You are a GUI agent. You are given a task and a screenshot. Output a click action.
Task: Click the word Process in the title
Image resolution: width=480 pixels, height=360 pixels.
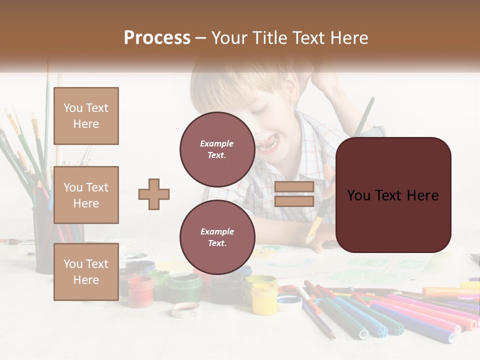tap(157, 37)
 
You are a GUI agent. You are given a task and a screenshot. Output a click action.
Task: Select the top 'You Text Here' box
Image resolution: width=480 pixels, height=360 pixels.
tap(86, 116)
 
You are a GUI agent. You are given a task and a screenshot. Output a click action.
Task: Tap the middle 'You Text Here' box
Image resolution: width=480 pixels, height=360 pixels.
tap(86, 195)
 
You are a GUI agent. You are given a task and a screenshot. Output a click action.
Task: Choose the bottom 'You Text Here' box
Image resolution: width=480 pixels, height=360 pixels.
tap(86, 271)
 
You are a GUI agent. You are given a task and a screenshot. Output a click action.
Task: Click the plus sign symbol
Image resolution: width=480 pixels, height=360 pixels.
tap(154, 194)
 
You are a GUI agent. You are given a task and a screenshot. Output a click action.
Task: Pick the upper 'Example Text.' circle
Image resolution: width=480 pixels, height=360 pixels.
tap(217, 149)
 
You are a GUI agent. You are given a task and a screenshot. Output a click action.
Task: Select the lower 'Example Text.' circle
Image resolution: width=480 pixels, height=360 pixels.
tap(217, 237)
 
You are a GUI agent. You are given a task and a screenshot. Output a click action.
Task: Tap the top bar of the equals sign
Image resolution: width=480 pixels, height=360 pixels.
tap(294, 187)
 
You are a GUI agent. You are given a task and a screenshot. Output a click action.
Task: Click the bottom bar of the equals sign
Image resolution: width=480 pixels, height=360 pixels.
tap(294, 201)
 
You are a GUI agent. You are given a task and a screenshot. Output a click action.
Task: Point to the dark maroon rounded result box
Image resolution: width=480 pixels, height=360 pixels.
tap(393, 195)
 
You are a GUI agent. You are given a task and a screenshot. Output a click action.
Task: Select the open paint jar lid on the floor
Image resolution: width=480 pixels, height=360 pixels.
tap(185, 309)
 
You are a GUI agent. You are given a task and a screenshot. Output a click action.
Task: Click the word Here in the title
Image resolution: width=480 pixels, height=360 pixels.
tap(348, 37)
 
